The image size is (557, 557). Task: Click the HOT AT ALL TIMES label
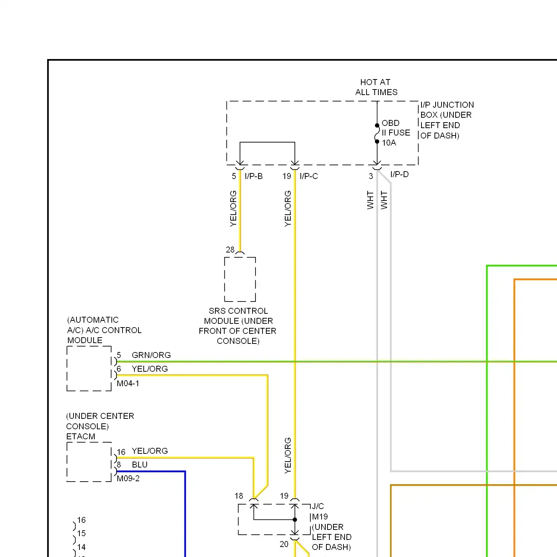(376, 87)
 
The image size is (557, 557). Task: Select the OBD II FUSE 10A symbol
(377, 134)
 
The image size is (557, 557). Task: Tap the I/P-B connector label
(254, 176)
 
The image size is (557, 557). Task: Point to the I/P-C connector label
(309, 176)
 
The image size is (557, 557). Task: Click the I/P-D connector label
(399, 175)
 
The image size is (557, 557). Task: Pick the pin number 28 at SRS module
(230, 250)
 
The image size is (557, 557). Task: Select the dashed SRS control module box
(240, 279)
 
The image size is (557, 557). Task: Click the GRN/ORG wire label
(151, 355)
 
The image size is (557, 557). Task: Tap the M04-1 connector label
(128, 384)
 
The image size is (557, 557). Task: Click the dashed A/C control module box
(89, 368)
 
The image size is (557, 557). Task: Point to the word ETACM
(81, 437)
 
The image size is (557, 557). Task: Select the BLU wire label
(140, 465)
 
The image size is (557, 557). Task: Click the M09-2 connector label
(128, 479)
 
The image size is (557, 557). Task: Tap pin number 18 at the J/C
(239, 496)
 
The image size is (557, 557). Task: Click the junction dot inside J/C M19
(295, 519)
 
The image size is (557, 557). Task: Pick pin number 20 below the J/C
(284, 544)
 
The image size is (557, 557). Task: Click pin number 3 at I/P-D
(371, 176)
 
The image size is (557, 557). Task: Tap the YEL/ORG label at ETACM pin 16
(150, 451)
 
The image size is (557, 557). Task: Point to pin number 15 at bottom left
(81, 534)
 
